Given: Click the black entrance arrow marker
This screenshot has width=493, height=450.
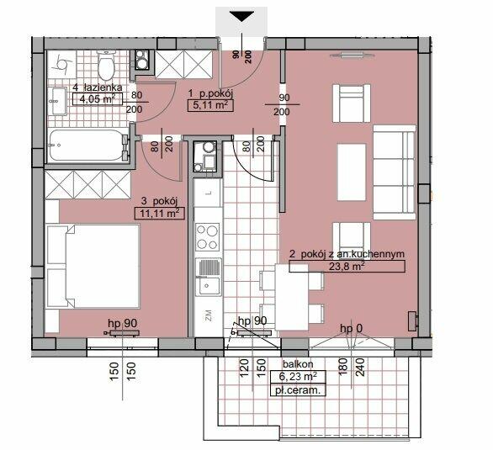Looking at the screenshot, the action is (241, 17).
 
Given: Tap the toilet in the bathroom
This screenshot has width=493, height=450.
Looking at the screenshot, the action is (106, 66).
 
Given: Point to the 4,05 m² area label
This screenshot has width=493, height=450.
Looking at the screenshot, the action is (97, 99).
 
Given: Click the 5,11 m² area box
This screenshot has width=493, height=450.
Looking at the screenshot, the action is (210, 105).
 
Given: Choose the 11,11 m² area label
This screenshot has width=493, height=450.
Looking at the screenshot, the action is (159, 214).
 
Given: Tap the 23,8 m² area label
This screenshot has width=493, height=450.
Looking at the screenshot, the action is (347, 266).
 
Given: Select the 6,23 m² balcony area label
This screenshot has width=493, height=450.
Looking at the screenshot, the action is (298, 376).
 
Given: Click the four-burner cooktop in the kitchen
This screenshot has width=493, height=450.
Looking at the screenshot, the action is (208, 237).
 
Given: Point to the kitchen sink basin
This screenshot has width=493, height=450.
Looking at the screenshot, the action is (208, 286).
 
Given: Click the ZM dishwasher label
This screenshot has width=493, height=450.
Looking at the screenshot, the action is (208, 315).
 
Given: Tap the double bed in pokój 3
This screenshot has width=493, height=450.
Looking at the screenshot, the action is (93, 266).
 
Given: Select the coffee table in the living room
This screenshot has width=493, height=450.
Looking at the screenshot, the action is (352, 172).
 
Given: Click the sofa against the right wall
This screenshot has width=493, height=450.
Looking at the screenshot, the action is (395, 172).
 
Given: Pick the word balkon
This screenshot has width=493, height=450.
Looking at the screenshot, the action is (298, 364).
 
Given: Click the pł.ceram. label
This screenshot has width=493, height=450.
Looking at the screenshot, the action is (298, 391).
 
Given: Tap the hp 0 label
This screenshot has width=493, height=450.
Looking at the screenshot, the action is (351, 329).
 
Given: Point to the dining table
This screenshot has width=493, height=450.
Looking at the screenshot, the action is (292, 297).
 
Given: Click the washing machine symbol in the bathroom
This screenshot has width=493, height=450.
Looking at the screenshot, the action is (142, 60).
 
